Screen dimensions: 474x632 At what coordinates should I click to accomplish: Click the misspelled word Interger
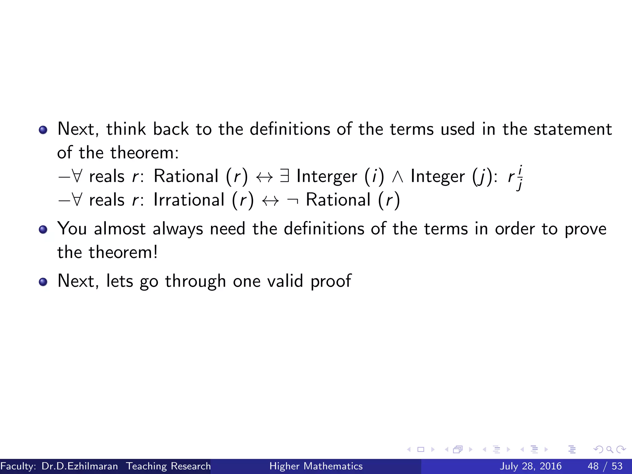coord(326,177)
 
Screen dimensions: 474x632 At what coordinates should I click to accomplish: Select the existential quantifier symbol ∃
coord(285,176)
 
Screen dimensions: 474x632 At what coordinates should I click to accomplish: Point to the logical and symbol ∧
coord(397,177)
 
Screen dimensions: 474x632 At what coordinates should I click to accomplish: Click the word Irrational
coord(189,200)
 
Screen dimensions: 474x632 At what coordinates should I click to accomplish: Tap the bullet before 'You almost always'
coord(43,229)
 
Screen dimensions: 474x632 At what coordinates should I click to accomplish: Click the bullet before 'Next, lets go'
coord(43,281)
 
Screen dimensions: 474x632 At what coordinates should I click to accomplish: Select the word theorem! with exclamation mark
coord(123,252)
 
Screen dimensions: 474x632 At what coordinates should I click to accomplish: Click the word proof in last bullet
coord(331,281)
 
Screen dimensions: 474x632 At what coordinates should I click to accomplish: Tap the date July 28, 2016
coord(530,466)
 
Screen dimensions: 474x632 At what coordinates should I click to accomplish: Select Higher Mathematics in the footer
coord(316,466)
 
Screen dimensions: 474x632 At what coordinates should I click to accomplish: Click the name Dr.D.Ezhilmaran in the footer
coord(80,466)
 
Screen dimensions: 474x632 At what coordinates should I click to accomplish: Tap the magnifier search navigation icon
coord(609,449)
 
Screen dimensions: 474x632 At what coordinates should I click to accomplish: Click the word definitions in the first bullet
coord(290,129)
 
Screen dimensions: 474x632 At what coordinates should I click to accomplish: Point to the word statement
coord(573,129)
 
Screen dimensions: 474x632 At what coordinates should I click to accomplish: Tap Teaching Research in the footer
coord(168,466)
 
